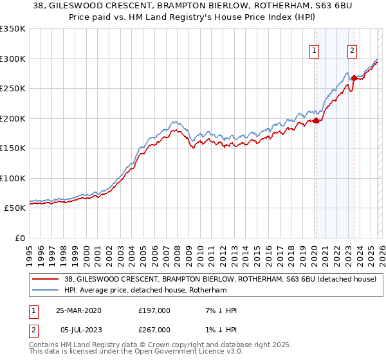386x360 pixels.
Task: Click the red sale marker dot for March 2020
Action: (316, 120)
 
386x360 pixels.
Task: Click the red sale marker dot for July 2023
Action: (353, 78)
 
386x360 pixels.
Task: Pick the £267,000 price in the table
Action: (154, 330)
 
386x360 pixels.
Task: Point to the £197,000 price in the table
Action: (154, 310)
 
